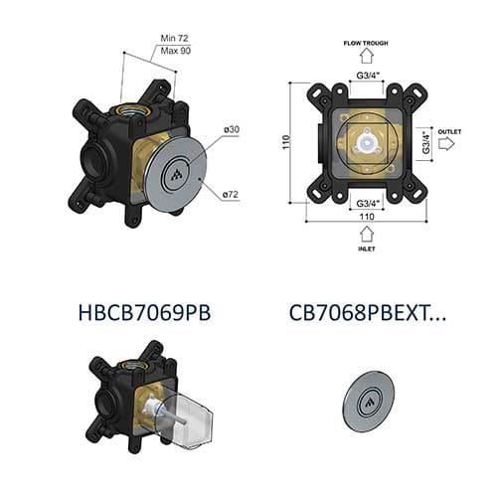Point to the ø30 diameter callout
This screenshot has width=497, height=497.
(x=232, y=130)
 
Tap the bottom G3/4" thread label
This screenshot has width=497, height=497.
(x=367, y=202)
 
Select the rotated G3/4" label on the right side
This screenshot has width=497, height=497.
(x=424, y=143)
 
